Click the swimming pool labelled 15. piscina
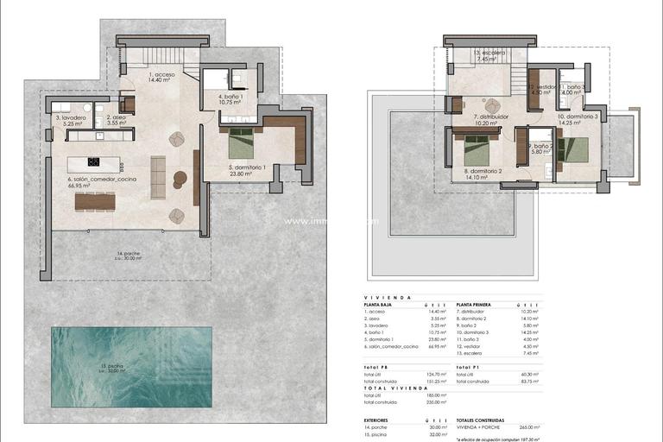click(131, 367)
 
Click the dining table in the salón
click(94, 201)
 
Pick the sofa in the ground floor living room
click(158, 176)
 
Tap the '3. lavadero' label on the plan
click(70, 117)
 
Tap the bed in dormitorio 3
click(571, 149)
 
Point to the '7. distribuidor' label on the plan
click(490, 117)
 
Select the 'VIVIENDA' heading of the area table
click(381, 296)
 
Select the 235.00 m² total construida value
click(437, 401)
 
